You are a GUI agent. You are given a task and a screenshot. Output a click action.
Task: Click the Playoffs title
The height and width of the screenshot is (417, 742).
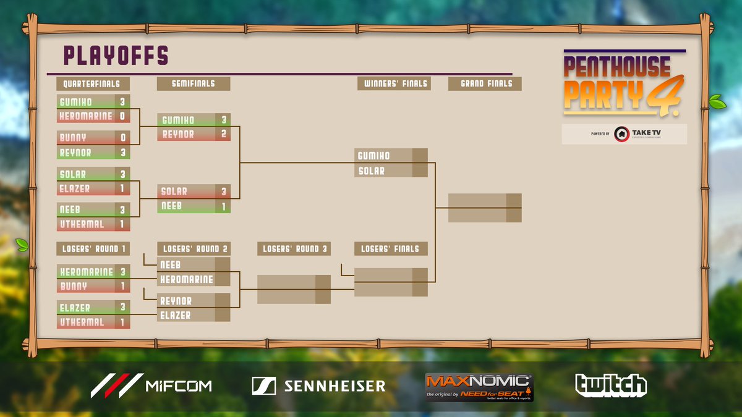116,56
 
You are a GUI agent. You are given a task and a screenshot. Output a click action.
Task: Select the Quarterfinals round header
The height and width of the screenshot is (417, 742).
93,83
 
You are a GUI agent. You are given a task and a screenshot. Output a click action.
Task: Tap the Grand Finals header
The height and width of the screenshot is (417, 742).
486,83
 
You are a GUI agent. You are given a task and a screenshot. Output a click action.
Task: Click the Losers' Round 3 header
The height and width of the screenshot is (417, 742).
294,249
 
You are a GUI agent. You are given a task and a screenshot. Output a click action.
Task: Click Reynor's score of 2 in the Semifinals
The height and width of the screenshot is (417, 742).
223,134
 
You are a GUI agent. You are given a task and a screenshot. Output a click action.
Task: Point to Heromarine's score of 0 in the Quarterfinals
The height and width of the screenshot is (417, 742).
122,116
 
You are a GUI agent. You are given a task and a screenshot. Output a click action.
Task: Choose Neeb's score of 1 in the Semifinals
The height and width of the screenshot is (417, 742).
223,206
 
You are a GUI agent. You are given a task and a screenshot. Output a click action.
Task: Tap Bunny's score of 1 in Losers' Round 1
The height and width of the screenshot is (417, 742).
122,287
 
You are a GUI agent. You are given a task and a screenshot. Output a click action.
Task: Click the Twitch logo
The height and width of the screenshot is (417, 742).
611,385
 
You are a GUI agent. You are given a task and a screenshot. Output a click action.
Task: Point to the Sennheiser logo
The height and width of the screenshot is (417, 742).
318,386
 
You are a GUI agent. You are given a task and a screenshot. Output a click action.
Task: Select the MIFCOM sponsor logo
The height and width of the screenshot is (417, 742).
151,385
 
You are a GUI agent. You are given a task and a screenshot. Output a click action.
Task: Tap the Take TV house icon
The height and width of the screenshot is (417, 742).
622,134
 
